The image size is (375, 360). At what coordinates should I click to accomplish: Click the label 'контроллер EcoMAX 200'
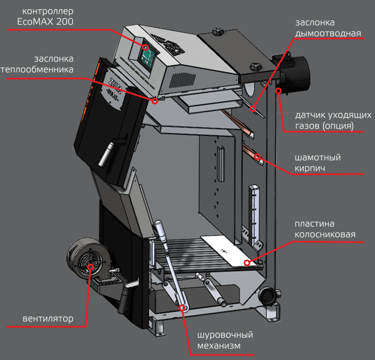click(45, 17)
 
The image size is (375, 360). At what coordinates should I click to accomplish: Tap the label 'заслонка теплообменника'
click(44, 64)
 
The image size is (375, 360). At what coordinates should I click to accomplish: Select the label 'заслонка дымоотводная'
click(328, 28)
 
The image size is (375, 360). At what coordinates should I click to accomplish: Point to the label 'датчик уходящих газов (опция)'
click(326, 120)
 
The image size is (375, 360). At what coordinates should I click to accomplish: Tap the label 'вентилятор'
click(47, 319)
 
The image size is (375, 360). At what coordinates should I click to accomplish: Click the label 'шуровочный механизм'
click(224, 340)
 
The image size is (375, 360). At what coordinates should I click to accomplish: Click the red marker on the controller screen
click(146, 47)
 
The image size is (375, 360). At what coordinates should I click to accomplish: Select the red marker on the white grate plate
click(247, 262)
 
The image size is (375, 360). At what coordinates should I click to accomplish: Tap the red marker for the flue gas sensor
click(279, 91)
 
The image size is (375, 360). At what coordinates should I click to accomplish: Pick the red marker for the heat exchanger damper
click(155, 100)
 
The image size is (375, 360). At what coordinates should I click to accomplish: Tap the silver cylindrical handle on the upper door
click(105, 155)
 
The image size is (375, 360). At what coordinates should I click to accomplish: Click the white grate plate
click(229, 250)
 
